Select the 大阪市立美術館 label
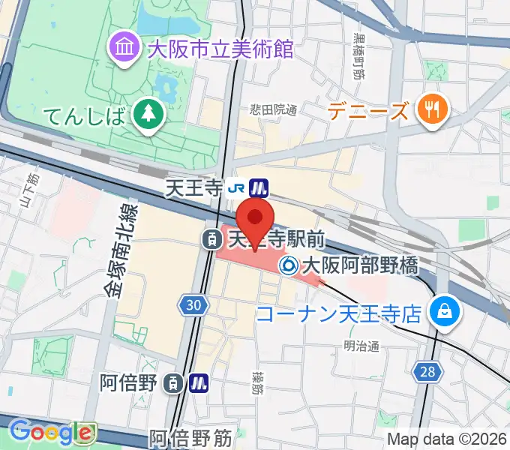click(220, 50)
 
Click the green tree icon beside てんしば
click(148, 115)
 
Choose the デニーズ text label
click(368, 112)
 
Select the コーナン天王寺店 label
click(338, 313)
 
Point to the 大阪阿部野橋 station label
click(359, 265)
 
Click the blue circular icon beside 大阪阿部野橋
click(287, 265)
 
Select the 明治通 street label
click(361, 346)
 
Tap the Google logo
click(51, 431)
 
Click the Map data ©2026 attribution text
click(448, 439)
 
